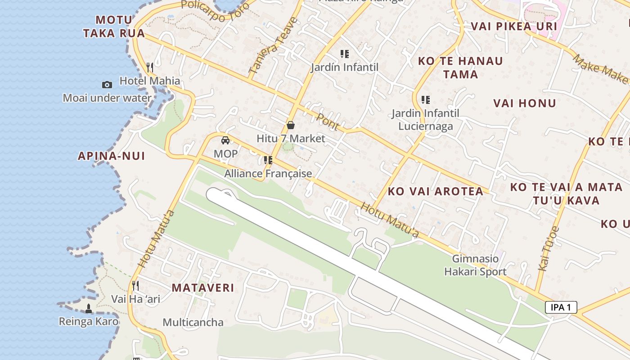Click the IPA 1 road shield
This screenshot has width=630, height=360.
coord(561,307)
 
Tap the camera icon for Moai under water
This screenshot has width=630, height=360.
coord(107,85)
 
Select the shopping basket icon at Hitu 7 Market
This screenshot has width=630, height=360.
coord(291,125)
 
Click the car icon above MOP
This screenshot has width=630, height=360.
coord(225,140)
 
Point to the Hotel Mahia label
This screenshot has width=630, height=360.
coord(149,81)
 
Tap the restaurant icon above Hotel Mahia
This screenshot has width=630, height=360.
coord(150,67)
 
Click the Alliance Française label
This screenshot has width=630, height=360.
coord(268,173)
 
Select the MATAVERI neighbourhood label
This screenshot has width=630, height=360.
coord(203,288)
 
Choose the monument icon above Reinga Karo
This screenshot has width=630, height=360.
coord(89,309)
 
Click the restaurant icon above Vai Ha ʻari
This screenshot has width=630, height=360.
coord(135,285)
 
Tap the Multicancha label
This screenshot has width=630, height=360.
coord(193,322)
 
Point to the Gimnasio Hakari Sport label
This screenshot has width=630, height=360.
coord(476,265)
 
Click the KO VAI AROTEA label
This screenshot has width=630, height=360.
coord(436,191)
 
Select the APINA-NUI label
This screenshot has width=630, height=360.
coord(112,156)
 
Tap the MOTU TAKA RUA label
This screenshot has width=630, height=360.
coord(114,26)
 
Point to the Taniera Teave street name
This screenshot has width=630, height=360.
coord(273,45)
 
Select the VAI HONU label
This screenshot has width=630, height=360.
coord(525,103)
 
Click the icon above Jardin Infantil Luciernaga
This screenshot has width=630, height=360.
coord(426,100)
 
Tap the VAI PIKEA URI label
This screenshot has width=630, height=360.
coord(508,26)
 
